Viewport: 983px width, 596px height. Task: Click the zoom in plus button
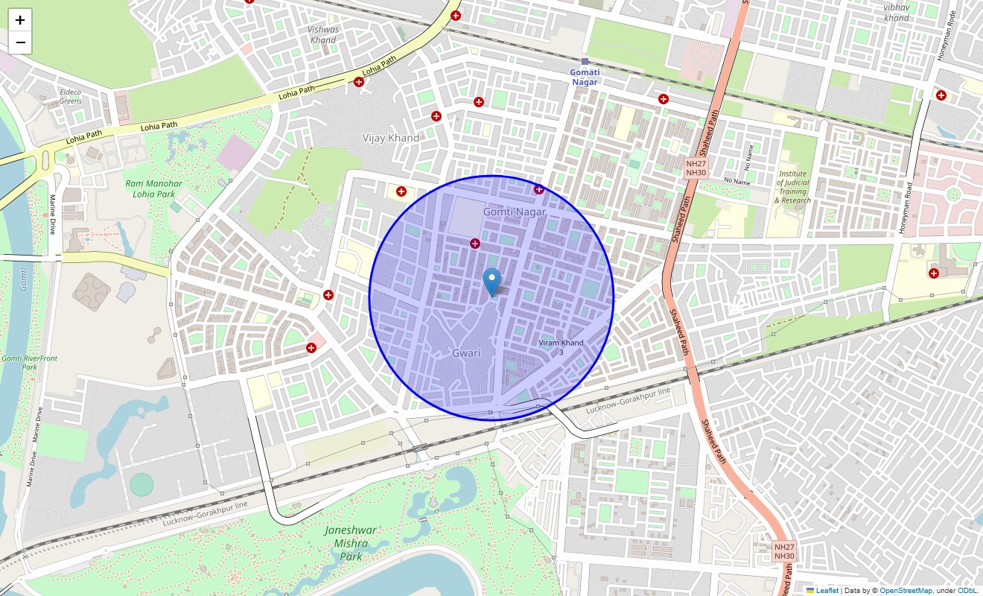click(20, 20)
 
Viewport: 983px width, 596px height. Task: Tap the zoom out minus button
click(20, 42)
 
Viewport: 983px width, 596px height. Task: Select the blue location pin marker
click(492, 282)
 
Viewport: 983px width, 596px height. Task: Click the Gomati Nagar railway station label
click(585, 77)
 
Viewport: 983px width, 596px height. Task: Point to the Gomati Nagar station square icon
click(585, 61)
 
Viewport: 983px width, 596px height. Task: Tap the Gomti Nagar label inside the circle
click(515, 212)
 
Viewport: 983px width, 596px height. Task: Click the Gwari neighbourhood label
click(467, 353)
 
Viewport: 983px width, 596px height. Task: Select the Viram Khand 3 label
click(562, 347)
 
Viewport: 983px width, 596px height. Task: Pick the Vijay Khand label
click(390, 138)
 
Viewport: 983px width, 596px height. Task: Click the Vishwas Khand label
click(323, 35)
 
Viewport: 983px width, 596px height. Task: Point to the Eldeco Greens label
click(71, 96)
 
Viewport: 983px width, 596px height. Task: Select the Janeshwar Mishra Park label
click(351, 543)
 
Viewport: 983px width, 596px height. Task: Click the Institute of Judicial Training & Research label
click(792, 187)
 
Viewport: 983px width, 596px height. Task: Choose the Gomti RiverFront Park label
click(29, 363)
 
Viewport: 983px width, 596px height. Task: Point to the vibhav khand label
click(897, 13)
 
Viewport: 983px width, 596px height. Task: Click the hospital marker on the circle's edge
click(538, 189)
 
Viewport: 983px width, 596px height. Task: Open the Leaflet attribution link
click(827, 590)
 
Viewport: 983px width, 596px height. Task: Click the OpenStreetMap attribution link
click(906, 590)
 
